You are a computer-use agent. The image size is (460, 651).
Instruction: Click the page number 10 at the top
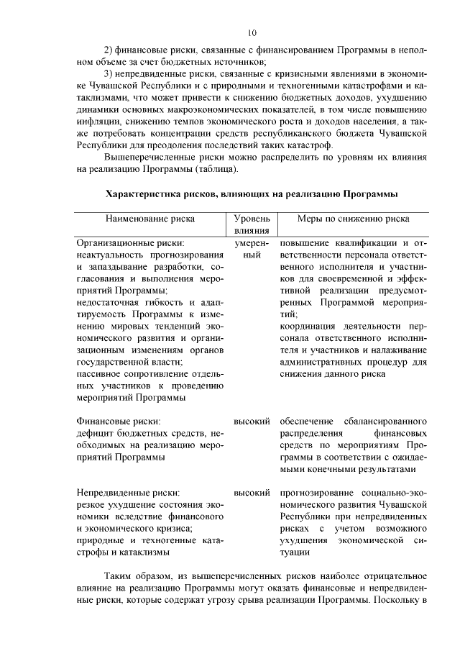tap(252, 32)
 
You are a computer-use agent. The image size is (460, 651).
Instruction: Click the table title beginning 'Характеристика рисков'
tap(252, 194)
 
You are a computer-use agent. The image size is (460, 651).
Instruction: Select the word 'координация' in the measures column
tap(310, 325)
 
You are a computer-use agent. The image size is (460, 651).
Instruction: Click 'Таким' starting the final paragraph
tap(119, 577)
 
